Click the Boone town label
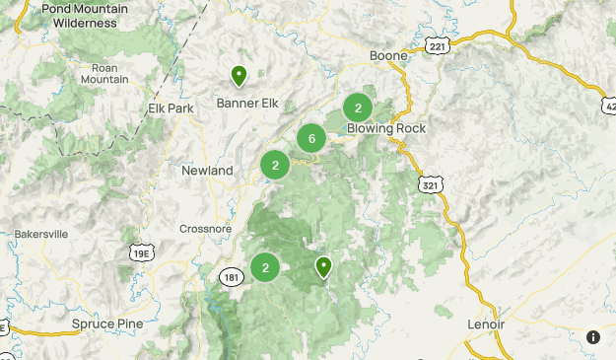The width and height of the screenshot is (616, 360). coord(388,55)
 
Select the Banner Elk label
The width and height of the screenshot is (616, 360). coord(246,102)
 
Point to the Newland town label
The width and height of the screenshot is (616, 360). coord(207,171)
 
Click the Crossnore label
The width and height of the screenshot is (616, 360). coord(206,228)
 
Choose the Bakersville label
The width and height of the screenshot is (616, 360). coord(41,235)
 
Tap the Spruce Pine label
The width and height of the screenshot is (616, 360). coord(107,324)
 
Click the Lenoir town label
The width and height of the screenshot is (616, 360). coord(485,324)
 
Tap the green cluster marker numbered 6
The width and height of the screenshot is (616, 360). coord(311,139)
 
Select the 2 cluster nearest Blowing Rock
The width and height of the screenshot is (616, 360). coord(358,108)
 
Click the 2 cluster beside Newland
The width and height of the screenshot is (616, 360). coord(275,166)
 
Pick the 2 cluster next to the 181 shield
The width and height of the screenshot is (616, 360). coord(265,267)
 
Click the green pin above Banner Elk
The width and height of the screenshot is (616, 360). coord(239,74)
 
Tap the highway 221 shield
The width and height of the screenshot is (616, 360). coord(436,46)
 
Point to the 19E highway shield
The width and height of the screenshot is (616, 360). coord(141,252)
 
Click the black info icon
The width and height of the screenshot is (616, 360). coord(593,337)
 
